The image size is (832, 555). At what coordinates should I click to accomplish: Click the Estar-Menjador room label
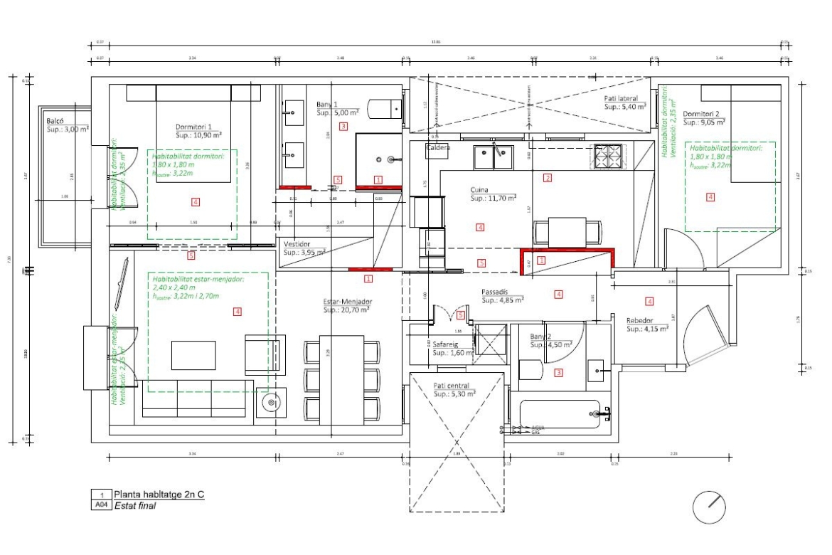click(x=348, y=301)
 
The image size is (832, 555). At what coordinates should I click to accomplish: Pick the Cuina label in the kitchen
click(x=481, y=191)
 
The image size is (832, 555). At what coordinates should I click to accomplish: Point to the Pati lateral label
click(x=621, y=99)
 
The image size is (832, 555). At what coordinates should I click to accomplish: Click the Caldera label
click(x=437, y=148)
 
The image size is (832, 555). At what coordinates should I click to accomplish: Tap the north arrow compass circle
click(x=709, y=507)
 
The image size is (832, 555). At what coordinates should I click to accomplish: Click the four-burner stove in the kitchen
click(x=608, y=156)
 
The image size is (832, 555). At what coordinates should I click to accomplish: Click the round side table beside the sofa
click(x=271, y=403)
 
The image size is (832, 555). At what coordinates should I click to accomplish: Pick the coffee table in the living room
click(x=193, y=354)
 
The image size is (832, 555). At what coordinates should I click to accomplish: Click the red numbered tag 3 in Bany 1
click(x=343, y=127)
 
